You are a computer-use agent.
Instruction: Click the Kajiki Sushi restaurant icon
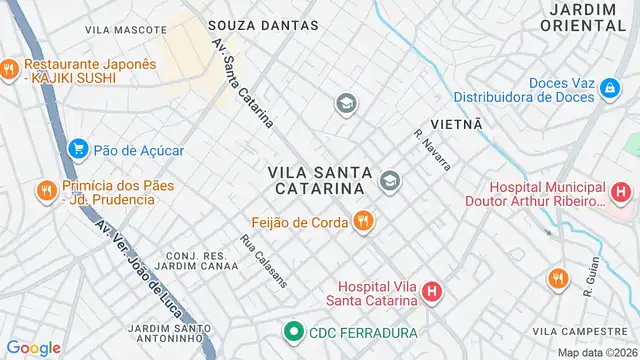tap(9, 69)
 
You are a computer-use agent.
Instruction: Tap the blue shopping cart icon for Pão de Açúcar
tap(77, 150)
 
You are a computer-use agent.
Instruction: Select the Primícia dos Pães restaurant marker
tap(45, 190)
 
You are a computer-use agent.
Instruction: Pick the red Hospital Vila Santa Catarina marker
tap(431, 293)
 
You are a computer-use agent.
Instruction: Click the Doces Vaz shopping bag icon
tap(609, 90)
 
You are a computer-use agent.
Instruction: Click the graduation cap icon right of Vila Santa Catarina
tap(389, 181)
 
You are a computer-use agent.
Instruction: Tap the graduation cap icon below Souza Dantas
tap(346, 103)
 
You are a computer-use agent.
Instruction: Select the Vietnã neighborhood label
tap(456, 123)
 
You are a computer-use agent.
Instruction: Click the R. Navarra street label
tap(432, 149)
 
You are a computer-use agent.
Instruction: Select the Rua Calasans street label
tap(264, 260)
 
